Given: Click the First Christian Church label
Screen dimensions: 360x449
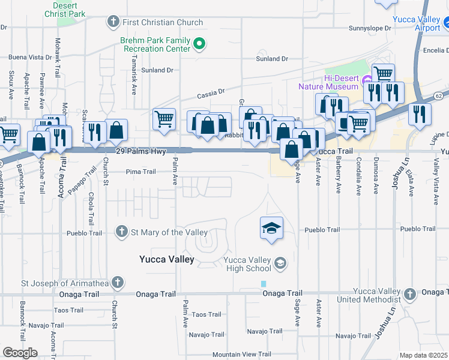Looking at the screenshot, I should pyautogui.click(x=163, y=23).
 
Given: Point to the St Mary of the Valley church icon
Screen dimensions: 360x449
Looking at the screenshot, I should pyautogui.click(x=122, y=232).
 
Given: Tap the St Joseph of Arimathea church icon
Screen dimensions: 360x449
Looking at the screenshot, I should pyautogui.click(x=118, y=282).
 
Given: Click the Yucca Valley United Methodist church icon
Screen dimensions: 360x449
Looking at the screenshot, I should pyautogui.click(x=410, y=294).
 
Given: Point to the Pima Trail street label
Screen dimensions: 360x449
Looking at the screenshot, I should pyautogui.click(x=141, y=172).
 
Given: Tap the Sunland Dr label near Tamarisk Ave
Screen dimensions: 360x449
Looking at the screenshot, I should pyautogui.click(x=157, y=70).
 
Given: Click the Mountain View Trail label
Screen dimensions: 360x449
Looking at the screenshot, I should pyautogui.click(x=242, y=355).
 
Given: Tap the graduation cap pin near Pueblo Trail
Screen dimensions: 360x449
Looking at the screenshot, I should pyautogui.click(x=271, y=228).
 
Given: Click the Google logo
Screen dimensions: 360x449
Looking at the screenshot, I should pyautogui.click(x=20, y=352).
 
